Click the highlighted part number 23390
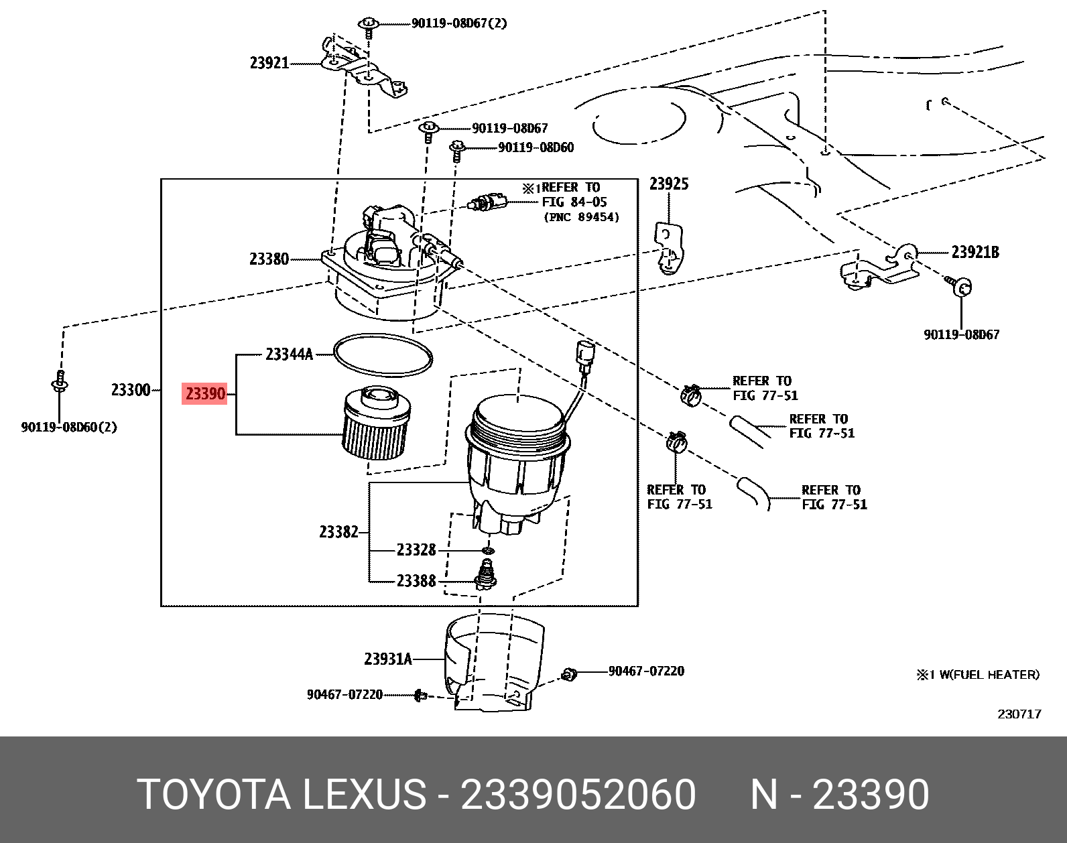205,393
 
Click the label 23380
269,259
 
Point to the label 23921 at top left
269,63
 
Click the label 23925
668,184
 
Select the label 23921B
975,253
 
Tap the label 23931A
387,659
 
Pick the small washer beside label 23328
489,551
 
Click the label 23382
338,532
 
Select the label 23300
131,390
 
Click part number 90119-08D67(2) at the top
459,23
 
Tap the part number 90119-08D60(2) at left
68,428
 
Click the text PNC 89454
581,217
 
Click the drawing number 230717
1019,714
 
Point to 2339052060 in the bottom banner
578,795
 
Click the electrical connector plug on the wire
585,354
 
